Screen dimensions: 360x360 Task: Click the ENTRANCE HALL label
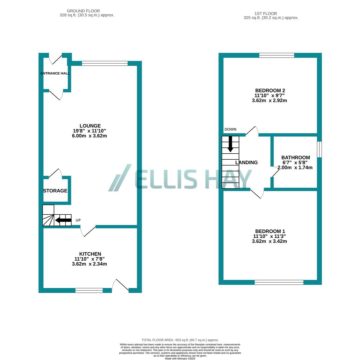[55, 73]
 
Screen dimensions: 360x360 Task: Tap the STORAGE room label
[55, 191]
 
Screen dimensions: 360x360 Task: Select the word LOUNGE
[90, 126]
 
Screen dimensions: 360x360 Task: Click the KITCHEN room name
[90, 254]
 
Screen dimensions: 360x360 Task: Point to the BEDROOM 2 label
[270, 90]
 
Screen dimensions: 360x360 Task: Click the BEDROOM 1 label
[270, 231]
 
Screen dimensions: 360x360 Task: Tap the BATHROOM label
[296, 157]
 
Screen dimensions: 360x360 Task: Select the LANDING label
[246, 163]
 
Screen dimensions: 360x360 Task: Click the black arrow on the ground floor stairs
[63, 220]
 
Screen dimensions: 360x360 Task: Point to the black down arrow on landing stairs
[230, 144]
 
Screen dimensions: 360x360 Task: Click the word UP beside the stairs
[78, 220]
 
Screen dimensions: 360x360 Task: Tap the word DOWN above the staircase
[231, 129]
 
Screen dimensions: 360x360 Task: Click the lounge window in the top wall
[105, 63]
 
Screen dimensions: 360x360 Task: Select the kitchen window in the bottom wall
[89, 290]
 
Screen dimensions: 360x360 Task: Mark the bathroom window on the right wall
[319, 149]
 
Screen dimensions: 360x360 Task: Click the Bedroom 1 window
[279, 282]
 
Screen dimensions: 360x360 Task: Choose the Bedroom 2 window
[277, 55]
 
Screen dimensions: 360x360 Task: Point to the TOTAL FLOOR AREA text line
[180, 340]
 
